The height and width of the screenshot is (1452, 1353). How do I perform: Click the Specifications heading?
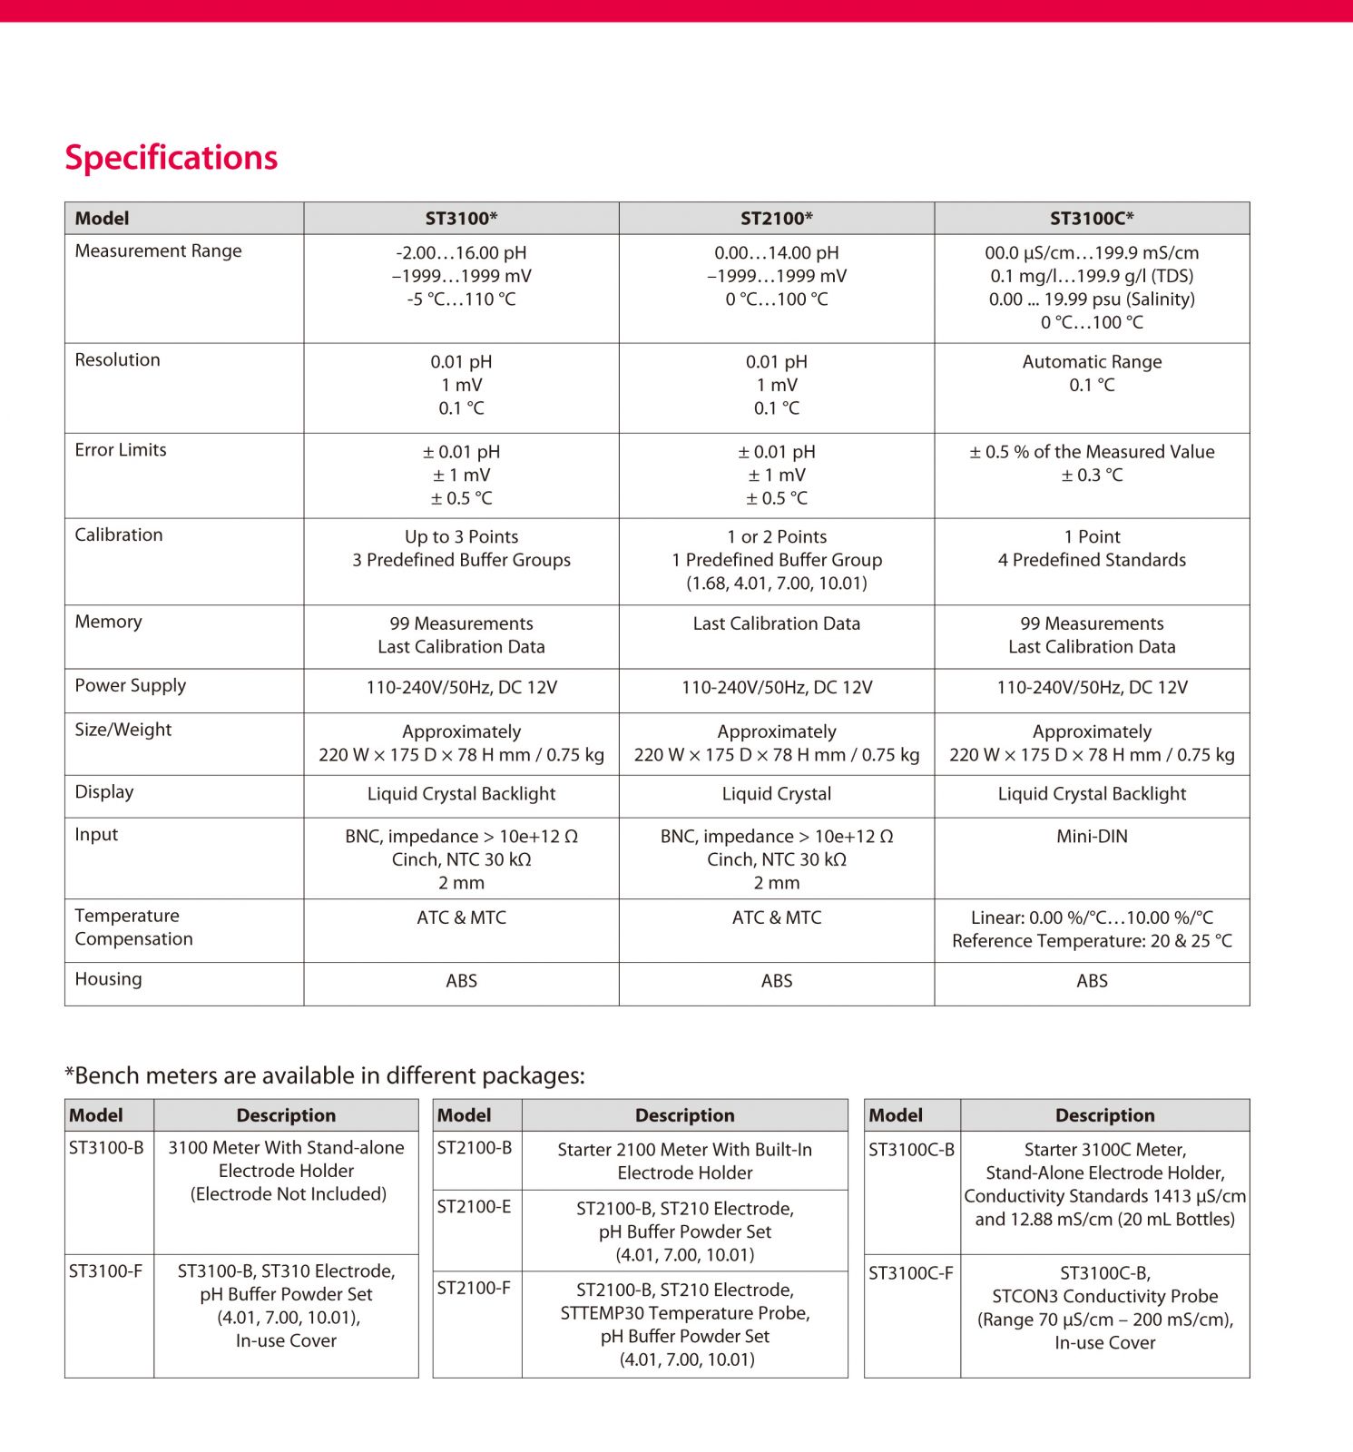171,157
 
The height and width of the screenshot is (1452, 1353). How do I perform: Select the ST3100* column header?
461,218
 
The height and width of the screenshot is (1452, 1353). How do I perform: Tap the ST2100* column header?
776,218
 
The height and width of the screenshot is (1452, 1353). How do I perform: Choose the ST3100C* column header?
1092,218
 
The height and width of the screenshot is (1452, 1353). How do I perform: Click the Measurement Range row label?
158,250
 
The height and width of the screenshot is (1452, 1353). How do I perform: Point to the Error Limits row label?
121,449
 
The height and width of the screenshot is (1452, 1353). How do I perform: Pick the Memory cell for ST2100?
776,623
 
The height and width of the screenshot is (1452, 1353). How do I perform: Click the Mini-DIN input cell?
1092,836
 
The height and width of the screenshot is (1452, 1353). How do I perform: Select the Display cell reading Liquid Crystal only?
776,793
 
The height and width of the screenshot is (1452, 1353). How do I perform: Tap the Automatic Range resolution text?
1092,361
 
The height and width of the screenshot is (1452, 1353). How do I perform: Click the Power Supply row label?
130,685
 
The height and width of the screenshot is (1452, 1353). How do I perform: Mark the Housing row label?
108,978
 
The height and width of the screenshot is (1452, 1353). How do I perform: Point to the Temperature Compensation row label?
133,927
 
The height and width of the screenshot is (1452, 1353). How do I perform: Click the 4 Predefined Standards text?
1092,560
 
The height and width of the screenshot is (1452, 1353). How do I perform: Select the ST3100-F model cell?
105,1270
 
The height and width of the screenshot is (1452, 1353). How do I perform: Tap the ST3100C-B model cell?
911,1149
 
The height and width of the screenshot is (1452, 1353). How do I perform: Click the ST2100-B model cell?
474,1147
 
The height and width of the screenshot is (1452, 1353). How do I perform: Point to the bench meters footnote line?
325,1075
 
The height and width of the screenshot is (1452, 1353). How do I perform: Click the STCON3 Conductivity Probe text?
1104,1296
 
